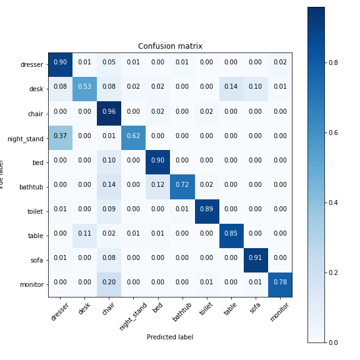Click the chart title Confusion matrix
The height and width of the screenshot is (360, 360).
(x=170, y=46)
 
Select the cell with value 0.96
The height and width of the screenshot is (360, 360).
(x=109, y=111)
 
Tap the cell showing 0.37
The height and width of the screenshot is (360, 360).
(x=60, y=136)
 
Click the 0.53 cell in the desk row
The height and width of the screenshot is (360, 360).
(x=84, y=86)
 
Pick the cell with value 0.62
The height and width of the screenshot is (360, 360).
(x=133, y=136)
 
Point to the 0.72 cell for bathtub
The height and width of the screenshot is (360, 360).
(x=182, y=185)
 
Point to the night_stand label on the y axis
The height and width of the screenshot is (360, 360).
(x=25, y=136)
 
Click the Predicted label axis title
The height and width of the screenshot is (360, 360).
(x=170, y=337)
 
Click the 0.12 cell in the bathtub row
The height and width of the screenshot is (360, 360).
(x=157, y=185)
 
